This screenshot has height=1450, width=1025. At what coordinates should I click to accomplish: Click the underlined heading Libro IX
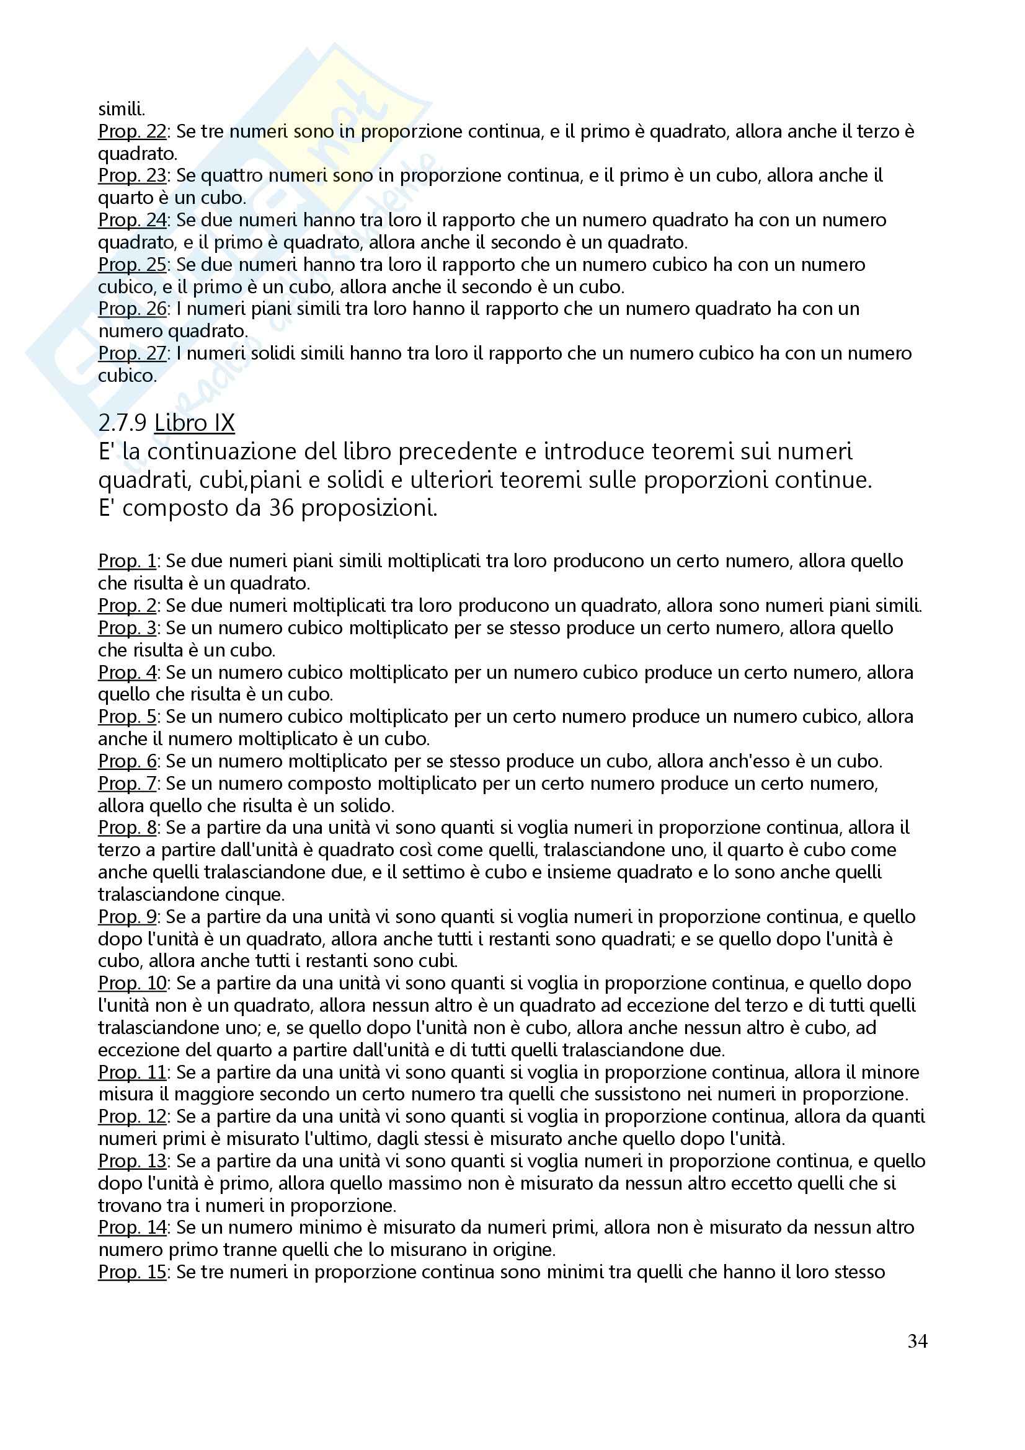(194, 423)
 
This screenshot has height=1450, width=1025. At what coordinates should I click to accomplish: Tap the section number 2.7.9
(123, 423)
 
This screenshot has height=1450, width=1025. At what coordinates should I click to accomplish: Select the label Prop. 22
(132, 131)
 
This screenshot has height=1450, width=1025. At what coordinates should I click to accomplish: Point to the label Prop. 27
(132, 353)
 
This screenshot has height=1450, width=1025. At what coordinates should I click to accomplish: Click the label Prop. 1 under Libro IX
(127, 561)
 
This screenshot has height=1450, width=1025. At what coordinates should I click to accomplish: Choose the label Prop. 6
(127, 761)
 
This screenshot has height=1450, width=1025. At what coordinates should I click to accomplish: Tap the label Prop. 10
(132, 983)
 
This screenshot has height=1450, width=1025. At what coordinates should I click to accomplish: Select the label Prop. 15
(132, 1271)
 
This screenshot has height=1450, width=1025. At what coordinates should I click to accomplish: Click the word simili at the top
(122, 109)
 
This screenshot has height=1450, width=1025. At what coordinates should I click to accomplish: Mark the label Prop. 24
(132, 220)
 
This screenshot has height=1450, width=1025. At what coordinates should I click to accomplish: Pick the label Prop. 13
(132, 1160)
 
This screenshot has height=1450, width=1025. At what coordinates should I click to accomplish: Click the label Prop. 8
(127, 828)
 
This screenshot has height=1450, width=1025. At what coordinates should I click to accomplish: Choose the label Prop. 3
(127, 628)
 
